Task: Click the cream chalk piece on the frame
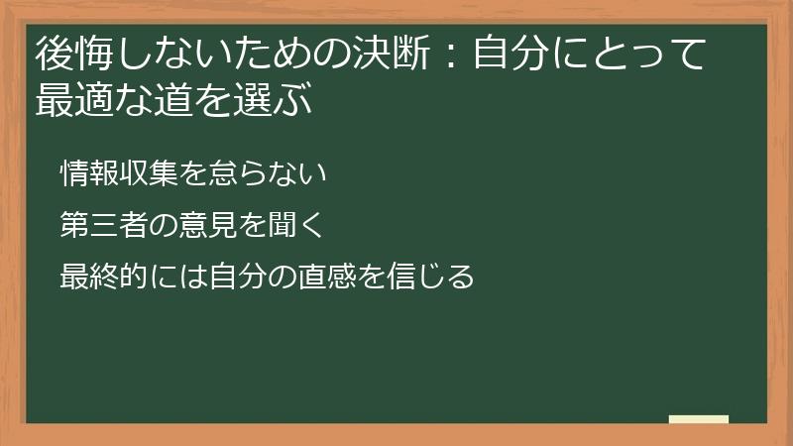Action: coord(699,419)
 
